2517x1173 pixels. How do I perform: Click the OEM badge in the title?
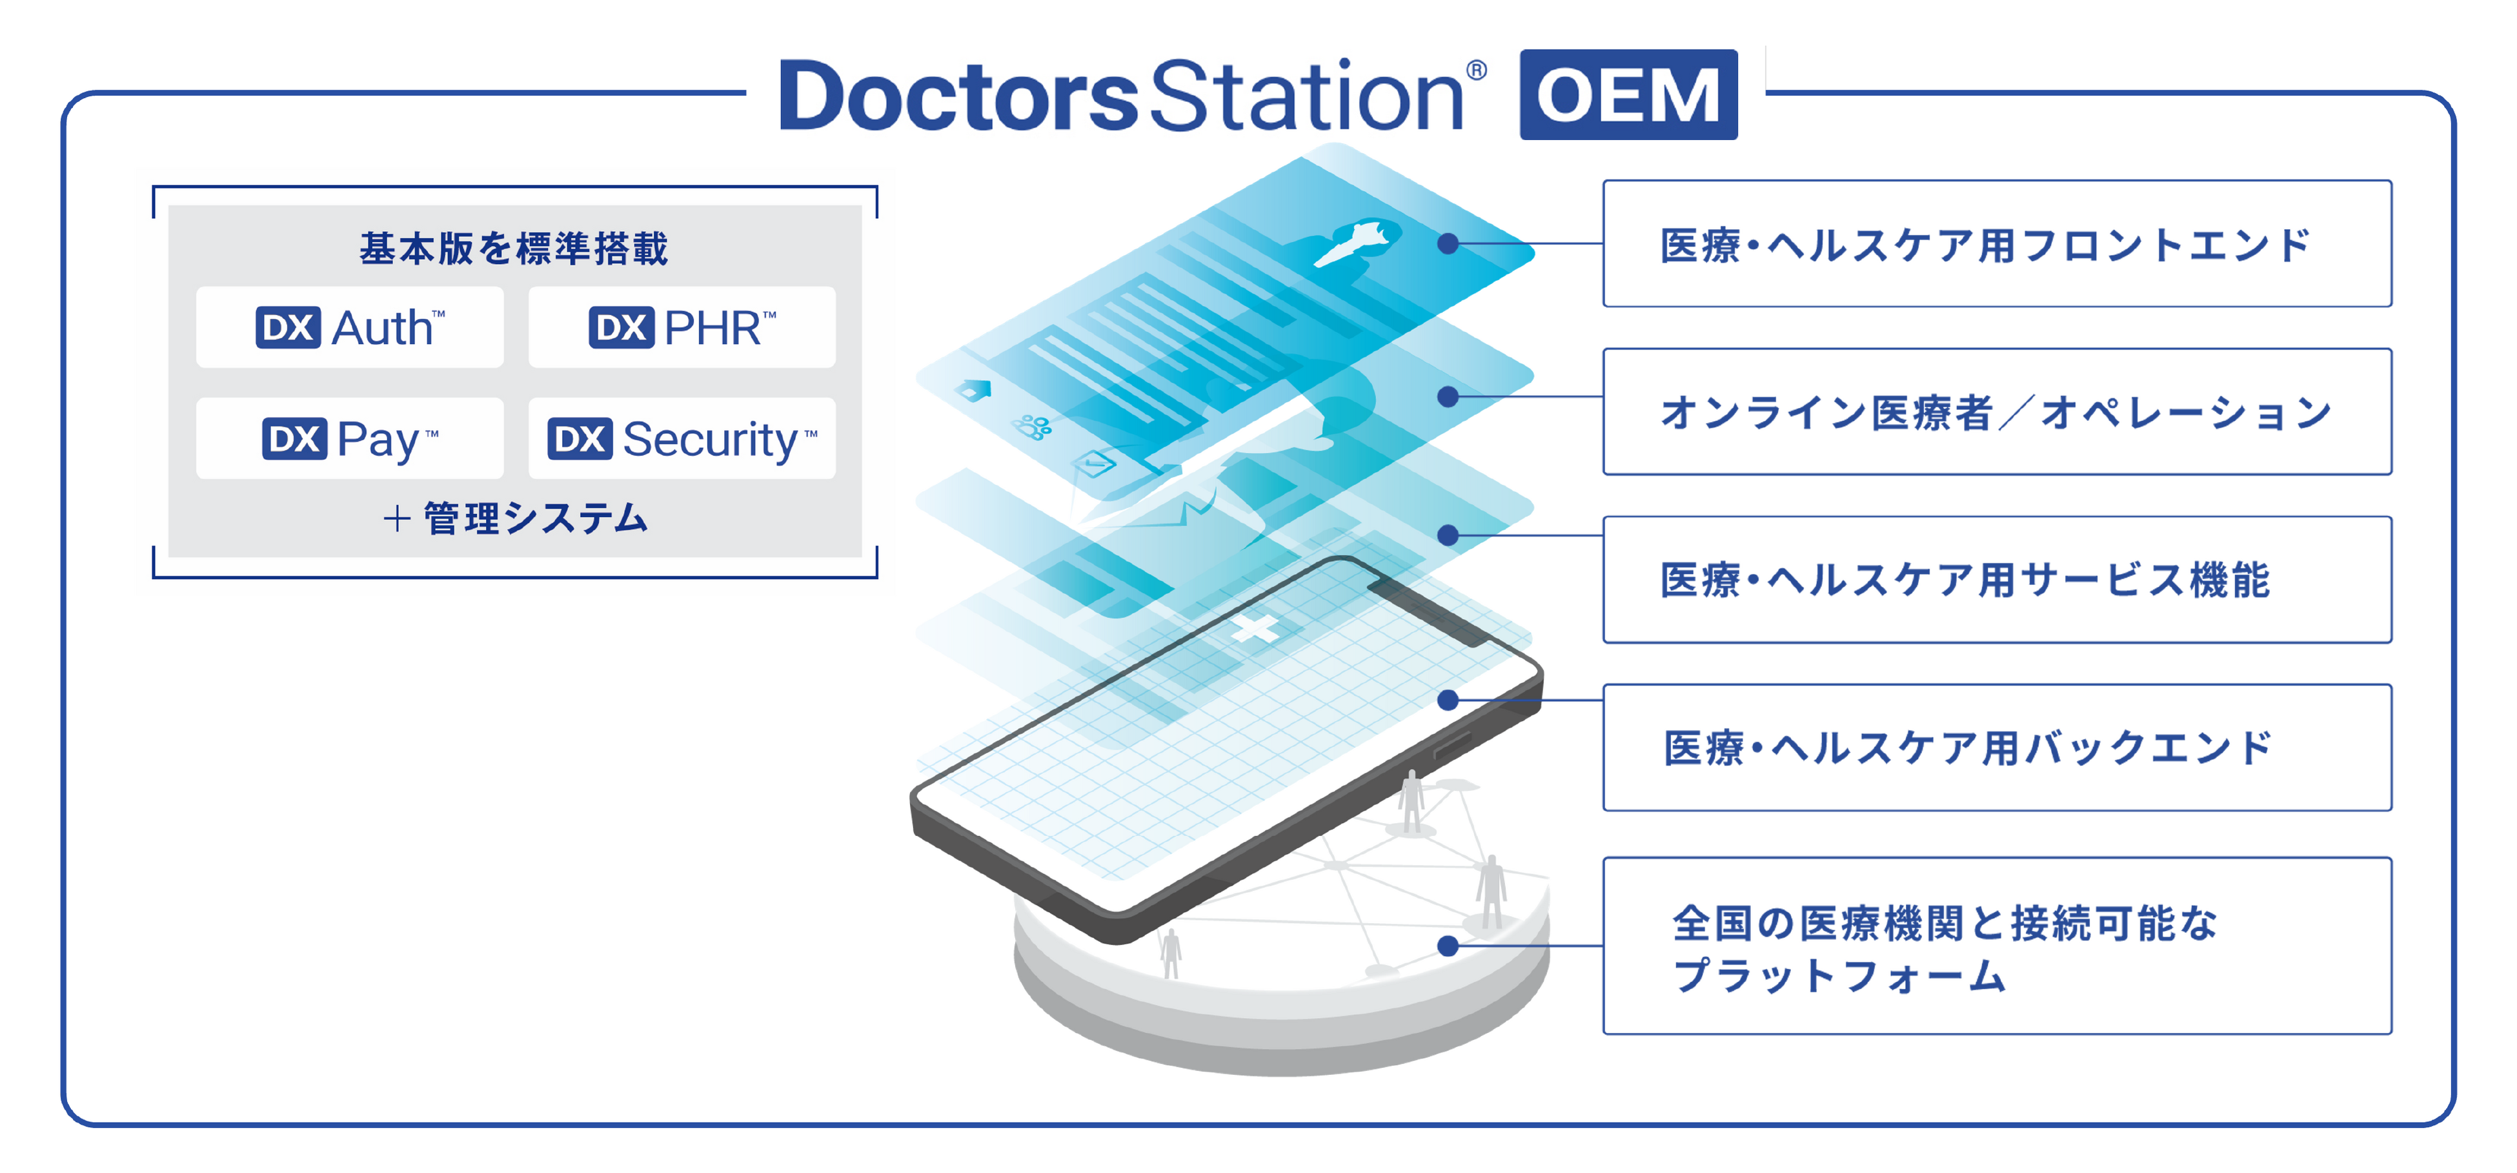point(1628,95)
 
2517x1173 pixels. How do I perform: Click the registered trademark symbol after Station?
point(1477,70)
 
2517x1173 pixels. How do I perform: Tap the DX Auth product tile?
point(350,327)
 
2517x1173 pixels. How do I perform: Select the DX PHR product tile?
point(682,327)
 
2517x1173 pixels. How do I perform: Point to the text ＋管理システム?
point(516,518)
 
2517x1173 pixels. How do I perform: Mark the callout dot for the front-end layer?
point(1448,243)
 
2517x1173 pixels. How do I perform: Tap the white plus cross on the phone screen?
point(1255,629)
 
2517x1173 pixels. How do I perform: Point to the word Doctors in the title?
point(958,96)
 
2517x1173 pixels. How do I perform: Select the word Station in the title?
point(1306,96)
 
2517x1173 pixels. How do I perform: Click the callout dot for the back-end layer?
point(1448,700)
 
